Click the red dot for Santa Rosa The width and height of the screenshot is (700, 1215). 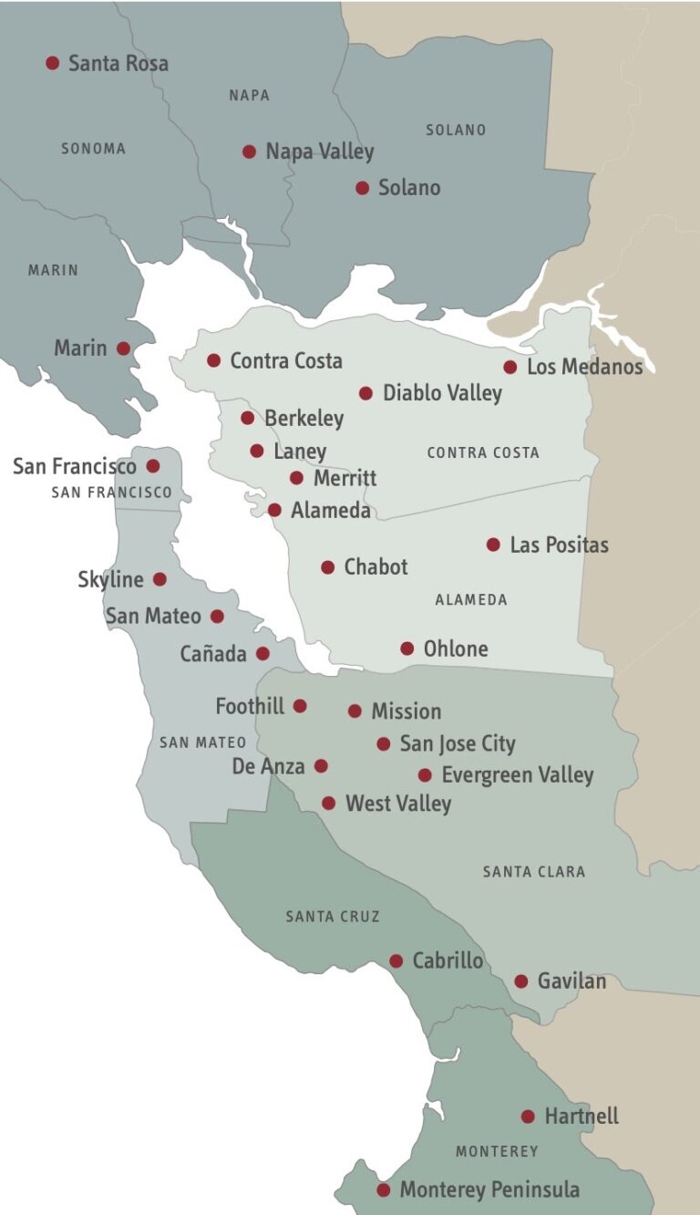(53, 63)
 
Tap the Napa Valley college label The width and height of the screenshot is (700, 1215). (319, 151)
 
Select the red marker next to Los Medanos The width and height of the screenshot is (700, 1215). (510, 367)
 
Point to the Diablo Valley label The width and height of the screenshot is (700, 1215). (442, 393)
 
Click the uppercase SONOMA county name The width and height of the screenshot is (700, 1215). (93, 148)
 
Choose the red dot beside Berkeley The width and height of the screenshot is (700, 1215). (247, 418)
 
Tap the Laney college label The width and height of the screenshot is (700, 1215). (299, 451)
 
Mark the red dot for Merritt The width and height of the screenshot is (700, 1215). (296, 478)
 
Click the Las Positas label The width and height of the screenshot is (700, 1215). (559, 545)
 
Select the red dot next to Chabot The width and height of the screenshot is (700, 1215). (328, 567)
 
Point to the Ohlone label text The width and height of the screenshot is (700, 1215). (456, 649)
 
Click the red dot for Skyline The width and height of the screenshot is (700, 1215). (160, 579)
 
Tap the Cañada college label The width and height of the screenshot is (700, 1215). (213, 654)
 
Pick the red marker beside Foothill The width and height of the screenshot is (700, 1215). (300, 706)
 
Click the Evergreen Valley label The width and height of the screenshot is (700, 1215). (517, 775)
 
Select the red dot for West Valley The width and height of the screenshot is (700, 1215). (329, 804)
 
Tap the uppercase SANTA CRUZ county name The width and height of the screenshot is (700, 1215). (332, 916)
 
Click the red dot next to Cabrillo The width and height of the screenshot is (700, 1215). (396, 961)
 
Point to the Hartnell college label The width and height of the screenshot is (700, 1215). (582, 1116)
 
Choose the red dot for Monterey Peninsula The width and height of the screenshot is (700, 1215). (384, 1189)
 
